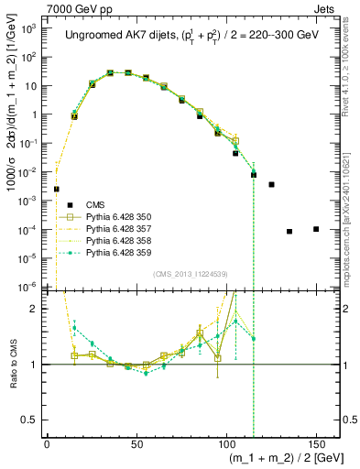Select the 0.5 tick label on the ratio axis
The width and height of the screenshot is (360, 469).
pyautogui.click(x=31, y=420)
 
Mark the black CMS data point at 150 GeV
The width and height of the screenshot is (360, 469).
pyautogui.click(x=316, y=229)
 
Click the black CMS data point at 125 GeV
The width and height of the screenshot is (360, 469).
pyautogui.click(x=271, y=185)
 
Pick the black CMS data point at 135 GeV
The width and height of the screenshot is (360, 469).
pyautogui.click(x=289, y=231)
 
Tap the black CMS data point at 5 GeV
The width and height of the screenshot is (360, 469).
pyautogui.click(x=56, y=190)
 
